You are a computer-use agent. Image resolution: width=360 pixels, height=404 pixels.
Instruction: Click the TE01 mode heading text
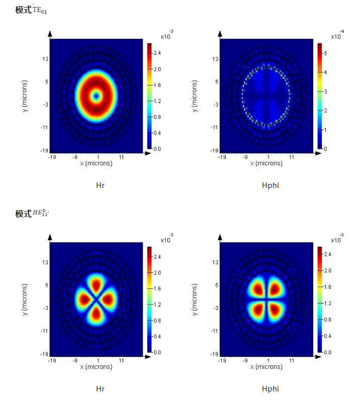[31, 10]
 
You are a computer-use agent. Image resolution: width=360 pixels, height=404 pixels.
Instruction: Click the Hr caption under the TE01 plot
[100, 185]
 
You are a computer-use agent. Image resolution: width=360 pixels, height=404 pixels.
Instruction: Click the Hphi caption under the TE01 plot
[270, 185]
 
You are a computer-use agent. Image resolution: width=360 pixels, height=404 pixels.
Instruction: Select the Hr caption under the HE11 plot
[100, 388]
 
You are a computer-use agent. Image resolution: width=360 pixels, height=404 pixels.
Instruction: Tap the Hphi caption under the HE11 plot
[270, 388]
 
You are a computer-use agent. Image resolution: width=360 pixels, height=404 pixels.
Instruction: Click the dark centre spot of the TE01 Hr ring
[97, 95]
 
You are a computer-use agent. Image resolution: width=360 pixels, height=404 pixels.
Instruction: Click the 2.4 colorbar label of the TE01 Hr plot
[157, 53]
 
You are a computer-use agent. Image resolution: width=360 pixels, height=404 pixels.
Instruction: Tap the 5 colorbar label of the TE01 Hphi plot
[326, 53]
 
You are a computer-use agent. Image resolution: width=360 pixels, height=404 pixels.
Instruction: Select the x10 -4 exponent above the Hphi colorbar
[337, 35]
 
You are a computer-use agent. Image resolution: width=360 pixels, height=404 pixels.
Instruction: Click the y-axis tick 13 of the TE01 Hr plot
[45, 59]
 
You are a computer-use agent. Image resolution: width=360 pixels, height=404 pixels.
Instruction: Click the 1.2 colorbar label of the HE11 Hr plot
[157, 305]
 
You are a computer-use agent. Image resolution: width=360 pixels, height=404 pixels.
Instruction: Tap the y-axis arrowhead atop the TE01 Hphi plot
[220, 34]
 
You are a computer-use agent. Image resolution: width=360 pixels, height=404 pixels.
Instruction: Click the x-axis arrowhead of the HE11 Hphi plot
[317, 357]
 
